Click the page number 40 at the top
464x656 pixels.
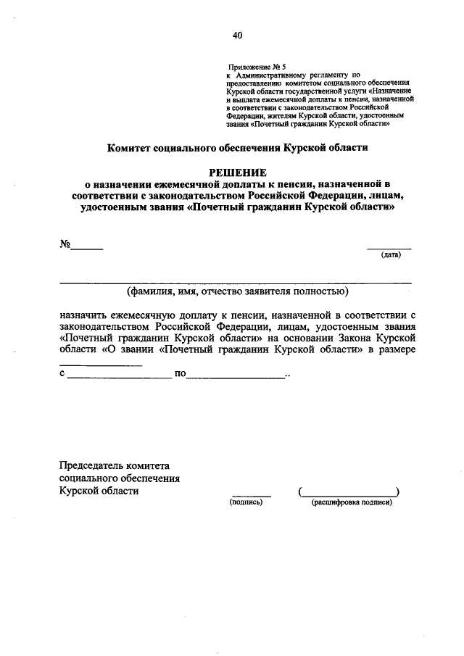(238, 34)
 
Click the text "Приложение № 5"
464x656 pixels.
(252, 65)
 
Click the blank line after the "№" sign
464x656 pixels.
(86, 249)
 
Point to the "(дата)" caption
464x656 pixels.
(391, 254)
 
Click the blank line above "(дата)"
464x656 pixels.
(389, 249)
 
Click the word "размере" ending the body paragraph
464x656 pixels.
(394, 349)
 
